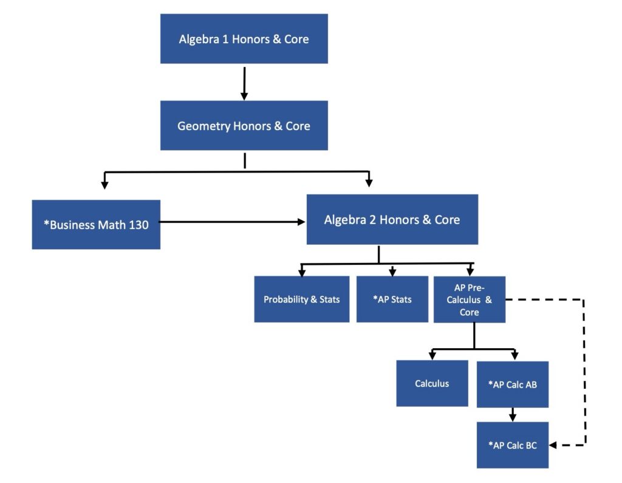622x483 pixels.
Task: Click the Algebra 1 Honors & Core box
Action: click(x=244, y=39)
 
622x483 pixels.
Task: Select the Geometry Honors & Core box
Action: click(x=244, y=126)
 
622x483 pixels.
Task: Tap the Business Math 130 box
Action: click(x=96, y=224)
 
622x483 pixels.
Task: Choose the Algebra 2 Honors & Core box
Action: click(x=392, y=219)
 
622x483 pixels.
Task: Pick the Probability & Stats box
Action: click(x=301, y=300)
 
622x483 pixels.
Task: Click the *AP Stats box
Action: click(x=392, y=300)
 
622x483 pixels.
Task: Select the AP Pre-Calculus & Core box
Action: click(x=469, y=300)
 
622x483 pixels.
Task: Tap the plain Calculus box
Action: click(x=432, y=383)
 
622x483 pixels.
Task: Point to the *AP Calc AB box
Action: click(x=512, y=384)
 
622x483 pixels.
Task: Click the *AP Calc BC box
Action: click(x=512, y=445)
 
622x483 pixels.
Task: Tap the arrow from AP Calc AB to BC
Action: click(x=513, y=414)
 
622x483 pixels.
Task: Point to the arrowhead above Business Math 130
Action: click(x=105, y=183)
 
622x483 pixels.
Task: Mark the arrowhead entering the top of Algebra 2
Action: click(x=369, y=182)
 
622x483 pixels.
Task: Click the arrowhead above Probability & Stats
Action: click(x=302, y=272)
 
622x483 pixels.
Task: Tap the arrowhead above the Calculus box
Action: click(x=432, y=355)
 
